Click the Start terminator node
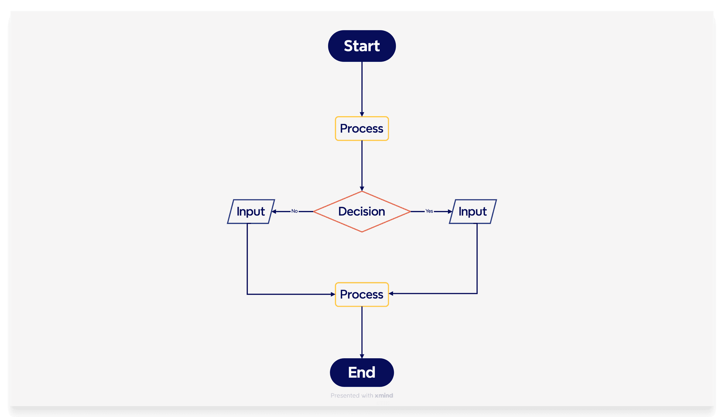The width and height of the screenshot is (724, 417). point(362,46)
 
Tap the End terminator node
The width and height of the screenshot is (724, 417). point(362,372)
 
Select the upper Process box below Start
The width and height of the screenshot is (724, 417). point(362,128)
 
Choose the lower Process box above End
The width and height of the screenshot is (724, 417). point(362,294)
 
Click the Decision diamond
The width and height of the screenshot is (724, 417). point(362,212)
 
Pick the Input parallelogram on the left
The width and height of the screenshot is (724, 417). point(251,212)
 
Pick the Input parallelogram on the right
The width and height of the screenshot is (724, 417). point(473,212)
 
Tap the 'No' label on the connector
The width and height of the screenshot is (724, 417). point(294,211)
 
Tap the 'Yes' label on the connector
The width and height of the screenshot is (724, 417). point(429,211)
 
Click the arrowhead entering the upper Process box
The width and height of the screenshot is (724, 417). point(362,114)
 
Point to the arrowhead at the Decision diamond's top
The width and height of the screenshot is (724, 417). point(362,189)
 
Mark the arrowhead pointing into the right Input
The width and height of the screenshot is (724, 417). point(450,212)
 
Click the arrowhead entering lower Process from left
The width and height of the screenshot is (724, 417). point(333,294)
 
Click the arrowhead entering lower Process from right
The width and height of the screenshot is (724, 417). point(391,294)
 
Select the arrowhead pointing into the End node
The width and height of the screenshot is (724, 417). point(362,356)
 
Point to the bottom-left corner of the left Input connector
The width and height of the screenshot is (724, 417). point(247,294)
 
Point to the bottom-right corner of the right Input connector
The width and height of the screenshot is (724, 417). point(477,294)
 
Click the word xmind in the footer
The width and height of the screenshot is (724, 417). point(384,395)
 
